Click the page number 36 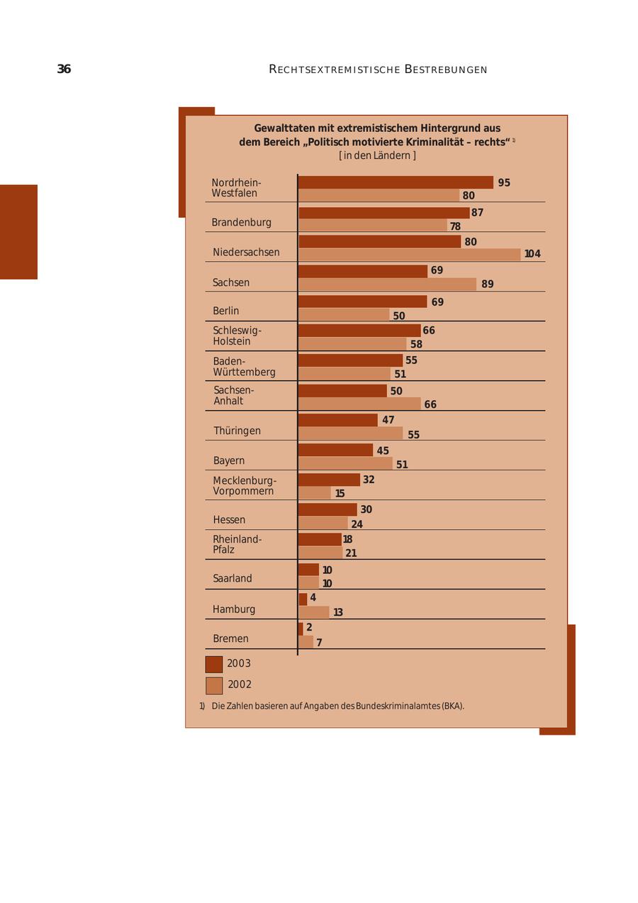click(x=64, y=70)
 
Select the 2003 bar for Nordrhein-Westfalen click(x=396, y=182)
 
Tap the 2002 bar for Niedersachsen click(x=410, y=255)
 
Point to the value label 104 click(x=532, y=254)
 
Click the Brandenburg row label click(x=241, y=223)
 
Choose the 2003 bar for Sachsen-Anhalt click(x=342, y=391)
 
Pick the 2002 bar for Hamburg click(x=314, y=612)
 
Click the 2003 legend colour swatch click(x=214, y=665)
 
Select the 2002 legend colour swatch click(x=214, y=686)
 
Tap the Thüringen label click(x=237, y=431)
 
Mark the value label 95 click(x=504, y=183)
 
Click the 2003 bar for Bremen click(x=301, y=628)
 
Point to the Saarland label click(x=233, y=579)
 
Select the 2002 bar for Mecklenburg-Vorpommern click(x=315, y=493)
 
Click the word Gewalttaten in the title click(x=282, y=128)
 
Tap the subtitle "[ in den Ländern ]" click(x=377, y=155)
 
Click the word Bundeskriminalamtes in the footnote click(x=397, y=707)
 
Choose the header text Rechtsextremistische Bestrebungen click(x=378, y=70)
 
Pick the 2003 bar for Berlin click(x=362, y=301)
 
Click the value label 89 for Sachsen click(x=487, y=284)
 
